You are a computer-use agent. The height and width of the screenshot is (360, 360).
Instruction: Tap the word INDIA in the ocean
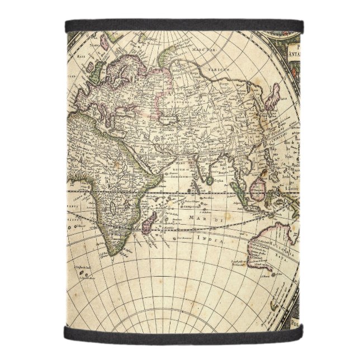pyautogui.click(x=213, y=240)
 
